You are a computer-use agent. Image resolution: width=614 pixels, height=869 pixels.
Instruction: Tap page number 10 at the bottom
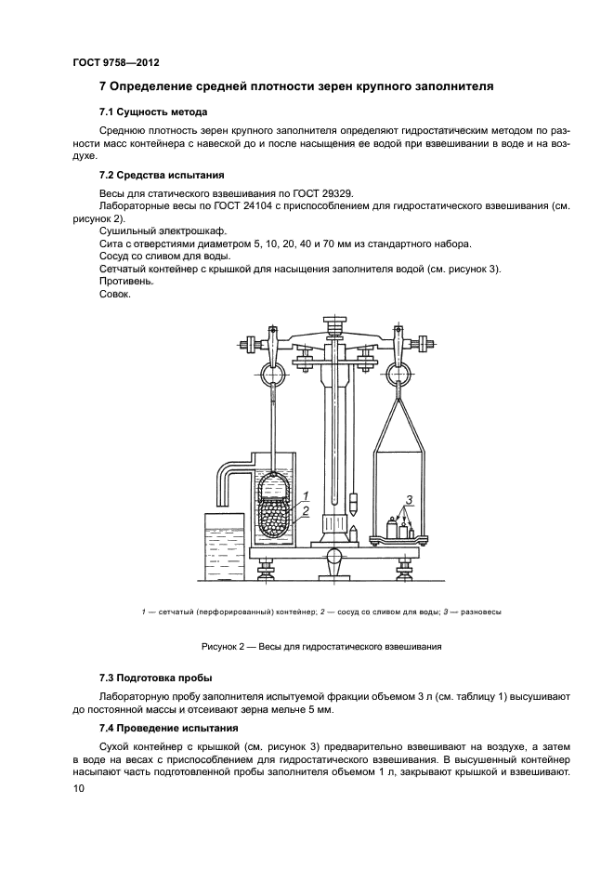coord(79,788)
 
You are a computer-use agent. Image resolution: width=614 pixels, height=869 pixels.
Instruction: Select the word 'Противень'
coord(122,282)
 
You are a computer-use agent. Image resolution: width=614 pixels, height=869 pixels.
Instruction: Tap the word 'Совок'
coord(114,295)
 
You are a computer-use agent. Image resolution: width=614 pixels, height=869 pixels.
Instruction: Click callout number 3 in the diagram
coord(412,502)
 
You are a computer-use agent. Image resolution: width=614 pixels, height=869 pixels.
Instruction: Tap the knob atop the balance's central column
coord(336,324)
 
